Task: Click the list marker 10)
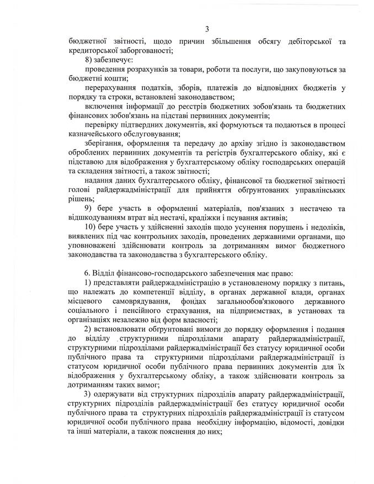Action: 90,231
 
